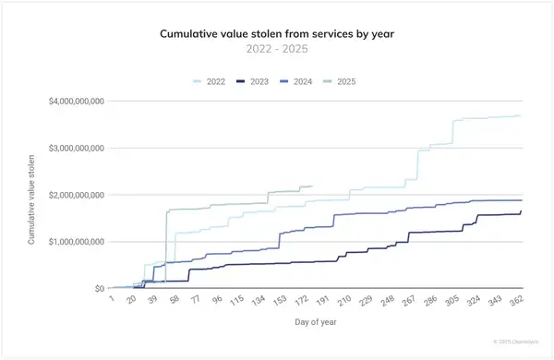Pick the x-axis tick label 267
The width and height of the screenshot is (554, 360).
click(x=403, y=301)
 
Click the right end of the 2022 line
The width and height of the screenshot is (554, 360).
click(x=521, y=115)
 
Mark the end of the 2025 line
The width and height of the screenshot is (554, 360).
click(x=312, y=186)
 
